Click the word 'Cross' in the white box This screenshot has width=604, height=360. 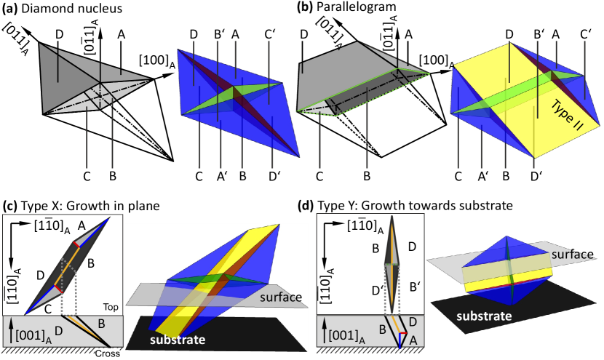click(x=108, y=354)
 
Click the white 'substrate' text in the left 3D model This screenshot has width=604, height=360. click(x=178, y=340)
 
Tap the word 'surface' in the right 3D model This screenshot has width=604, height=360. click(x=573, y=255)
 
